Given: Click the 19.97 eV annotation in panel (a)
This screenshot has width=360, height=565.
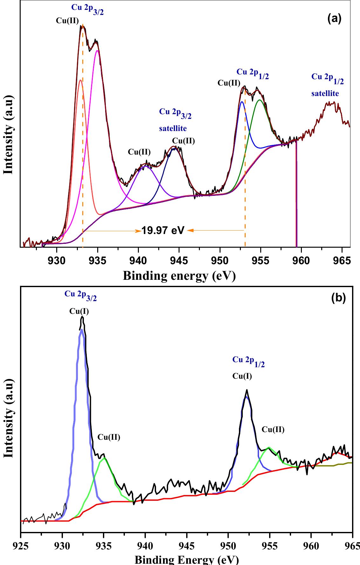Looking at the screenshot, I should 163,230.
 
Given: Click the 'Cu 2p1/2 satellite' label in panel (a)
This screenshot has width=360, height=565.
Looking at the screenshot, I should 327,85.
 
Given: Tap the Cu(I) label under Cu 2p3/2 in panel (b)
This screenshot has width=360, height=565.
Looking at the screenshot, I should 79,311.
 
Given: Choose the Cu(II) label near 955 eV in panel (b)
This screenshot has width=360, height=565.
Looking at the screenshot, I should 273,430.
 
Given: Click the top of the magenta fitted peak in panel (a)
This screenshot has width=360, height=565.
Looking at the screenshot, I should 97,51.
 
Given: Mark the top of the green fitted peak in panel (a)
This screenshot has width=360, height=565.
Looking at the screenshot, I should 260,100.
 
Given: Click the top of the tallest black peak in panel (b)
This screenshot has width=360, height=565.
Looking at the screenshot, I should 82,317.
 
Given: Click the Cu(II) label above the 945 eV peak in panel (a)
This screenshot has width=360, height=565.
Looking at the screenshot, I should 183,141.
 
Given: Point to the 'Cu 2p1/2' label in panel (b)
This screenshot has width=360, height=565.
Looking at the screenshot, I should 248,362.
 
